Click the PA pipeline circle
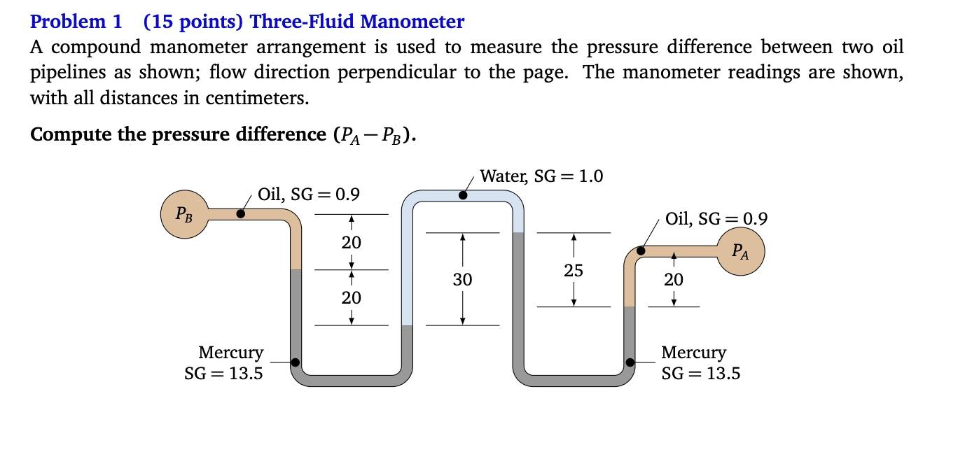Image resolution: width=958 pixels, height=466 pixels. point(740,251)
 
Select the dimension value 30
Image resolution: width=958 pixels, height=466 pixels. point(462,280)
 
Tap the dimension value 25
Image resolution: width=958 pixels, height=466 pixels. point(574,270)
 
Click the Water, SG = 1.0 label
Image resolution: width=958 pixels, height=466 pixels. point(541,176)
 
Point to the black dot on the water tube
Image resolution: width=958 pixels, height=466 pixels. point(463,196)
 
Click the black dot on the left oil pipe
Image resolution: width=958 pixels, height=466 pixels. point(241,213)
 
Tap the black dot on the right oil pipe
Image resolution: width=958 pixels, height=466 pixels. point(640,250)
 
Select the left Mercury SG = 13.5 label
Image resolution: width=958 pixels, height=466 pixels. point(224,362)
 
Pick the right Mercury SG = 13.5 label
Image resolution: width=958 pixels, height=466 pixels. point(700,362)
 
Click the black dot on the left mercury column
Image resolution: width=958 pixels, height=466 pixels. point(296,362)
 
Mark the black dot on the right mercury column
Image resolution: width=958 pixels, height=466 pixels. point(630,362)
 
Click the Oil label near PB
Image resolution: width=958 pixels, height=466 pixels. point(309,194)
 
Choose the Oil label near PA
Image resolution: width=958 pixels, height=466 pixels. point(716,219)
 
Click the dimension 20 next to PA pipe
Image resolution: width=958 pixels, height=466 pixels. point(674,280)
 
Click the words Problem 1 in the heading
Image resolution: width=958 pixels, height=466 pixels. point(76,22)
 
